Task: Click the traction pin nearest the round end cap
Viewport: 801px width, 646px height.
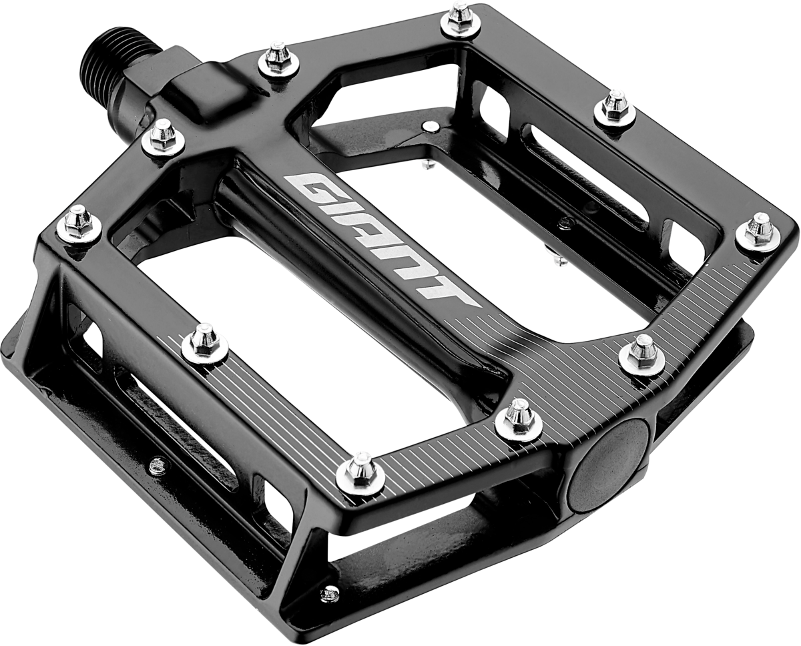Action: (519, 417)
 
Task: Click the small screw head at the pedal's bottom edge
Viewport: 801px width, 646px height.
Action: (330, 593)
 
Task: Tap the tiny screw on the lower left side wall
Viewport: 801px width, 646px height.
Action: (158, 464)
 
